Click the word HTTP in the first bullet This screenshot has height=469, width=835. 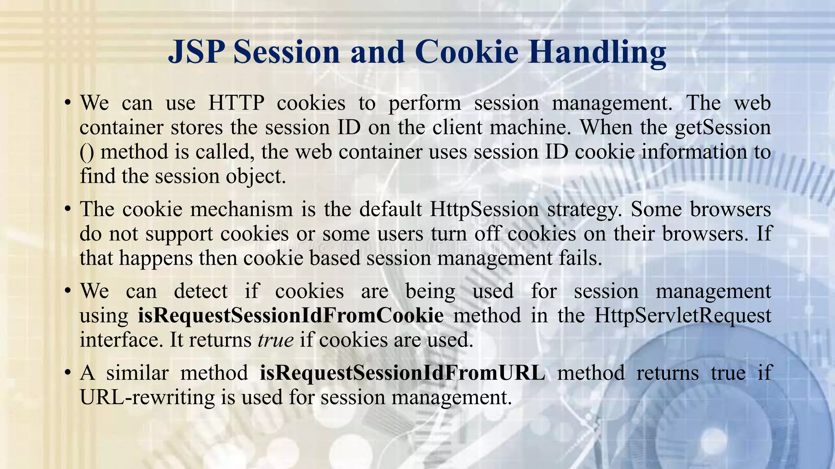tap(236, 103)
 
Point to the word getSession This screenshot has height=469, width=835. tap(722, 127)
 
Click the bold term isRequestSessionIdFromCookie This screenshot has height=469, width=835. tap(291, 316)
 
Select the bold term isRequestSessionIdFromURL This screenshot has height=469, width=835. tap(402, 373)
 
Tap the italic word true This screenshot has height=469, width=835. tap(276, 340)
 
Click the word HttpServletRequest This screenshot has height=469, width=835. tap(683, 316)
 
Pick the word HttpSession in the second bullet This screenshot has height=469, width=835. tap(484, 209)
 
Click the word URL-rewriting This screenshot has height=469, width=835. tap(147, 397)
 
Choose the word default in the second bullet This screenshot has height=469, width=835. tap(390, 209)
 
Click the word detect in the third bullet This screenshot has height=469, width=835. tap(201, 291)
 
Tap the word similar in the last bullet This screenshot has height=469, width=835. tap(137, 373)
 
